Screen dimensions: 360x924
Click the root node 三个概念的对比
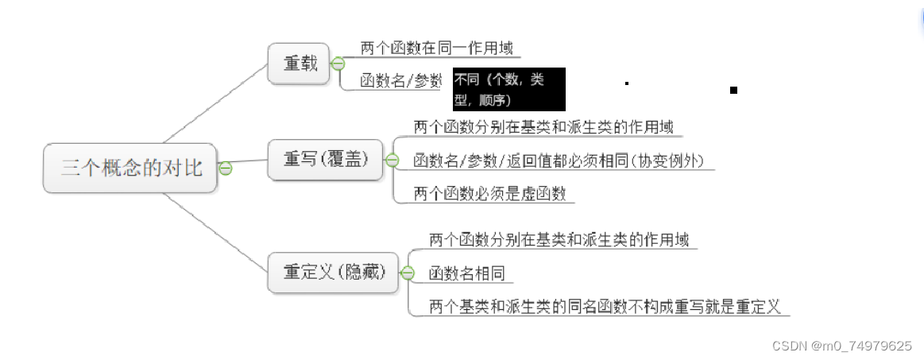click(x=130, y=168)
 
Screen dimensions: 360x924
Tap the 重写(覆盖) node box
click(x=326, y=159)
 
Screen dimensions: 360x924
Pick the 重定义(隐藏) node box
click(x=334, y=272)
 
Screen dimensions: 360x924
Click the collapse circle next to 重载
click(x=338, y=64)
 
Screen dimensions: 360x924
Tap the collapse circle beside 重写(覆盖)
click(x=392, y=160)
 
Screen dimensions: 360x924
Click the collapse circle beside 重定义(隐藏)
click(x=408, y=273)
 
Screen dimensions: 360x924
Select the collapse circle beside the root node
click(x=226, y=168)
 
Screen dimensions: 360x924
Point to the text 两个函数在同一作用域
click(x=436, y=48)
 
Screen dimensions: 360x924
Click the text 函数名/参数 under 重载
click(x=400, y=81)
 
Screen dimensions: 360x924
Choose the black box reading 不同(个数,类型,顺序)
click(x=508, y=89)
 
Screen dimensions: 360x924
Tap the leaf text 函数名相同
click(x=467, y=273)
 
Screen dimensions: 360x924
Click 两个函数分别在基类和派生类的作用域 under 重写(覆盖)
click(x=543, y=127)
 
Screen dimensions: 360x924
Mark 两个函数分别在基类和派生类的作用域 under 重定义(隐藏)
click(x=559, y=239)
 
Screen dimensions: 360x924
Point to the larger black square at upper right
click(x=733, y=91)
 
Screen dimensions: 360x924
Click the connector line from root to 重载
click(x=215, y=103)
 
